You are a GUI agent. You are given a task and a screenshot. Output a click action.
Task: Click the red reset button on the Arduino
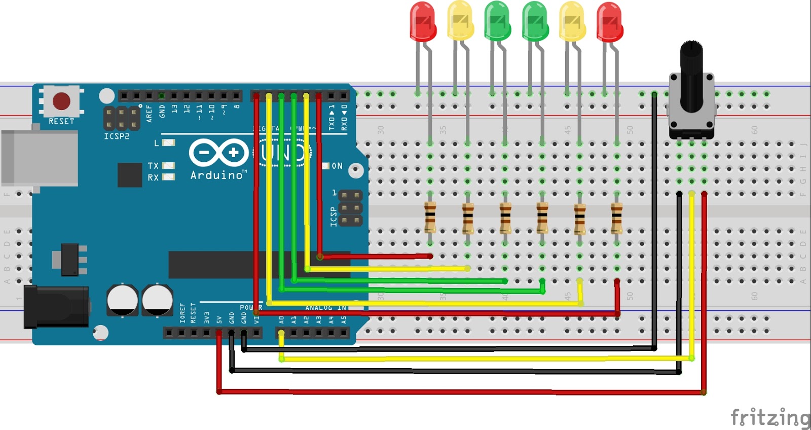[61, 101]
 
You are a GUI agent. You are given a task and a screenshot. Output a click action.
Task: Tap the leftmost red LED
[423, 22]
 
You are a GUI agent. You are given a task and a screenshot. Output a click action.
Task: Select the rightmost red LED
[609, 22]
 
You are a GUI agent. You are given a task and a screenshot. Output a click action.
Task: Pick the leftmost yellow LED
[460, 21]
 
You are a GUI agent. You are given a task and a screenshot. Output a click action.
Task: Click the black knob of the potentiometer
[691, 76]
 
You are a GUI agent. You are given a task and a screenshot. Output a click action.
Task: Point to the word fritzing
[770, 417]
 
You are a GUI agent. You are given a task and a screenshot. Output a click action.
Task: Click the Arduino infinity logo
[219, 152]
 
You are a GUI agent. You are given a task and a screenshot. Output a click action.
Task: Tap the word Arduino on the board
[217, 175]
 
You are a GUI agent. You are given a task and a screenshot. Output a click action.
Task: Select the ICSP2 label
[117, 136]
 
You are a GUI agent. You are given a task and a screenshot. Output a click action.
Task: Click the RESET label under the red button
[61, 121]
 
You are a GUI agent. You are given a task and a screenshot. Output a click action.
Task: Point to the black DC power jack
[56, 306]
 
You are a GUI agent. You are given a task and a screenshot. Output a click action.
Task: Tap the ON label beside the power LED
[337, 166]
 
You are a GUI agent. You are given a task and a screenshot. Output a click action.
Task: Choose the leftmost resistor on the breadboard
[430, 217]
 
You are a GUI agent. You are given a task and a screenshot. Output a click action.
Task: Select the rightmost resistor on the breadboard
[616, 217]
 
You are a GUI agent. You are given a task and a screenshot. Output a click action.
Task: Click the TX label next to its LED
[153, 166]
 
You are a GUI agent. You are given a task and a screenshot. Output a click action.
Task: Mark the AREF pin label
[149, 113]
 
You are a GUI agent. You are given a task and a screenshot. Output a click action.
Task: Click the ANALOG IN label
[326, 308]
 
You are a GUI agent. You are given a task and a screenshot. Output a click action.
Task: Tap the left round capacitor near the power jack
[122, 300]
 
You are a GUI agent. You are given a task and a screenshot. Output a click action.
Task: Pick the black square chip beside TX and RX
[130, 175]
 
